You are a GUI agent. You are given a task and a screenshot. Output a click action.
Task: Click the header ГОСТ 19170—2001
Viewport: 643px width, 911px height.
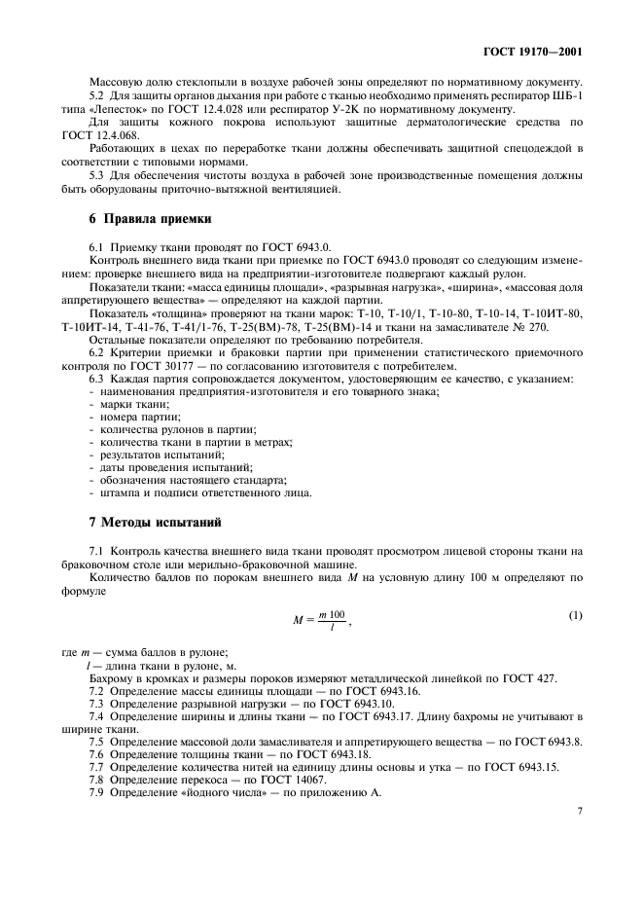click(538, 50)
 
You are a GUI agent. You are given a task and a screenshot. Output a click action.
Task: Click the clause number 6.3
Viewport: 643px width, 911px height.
click(97, 378)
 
